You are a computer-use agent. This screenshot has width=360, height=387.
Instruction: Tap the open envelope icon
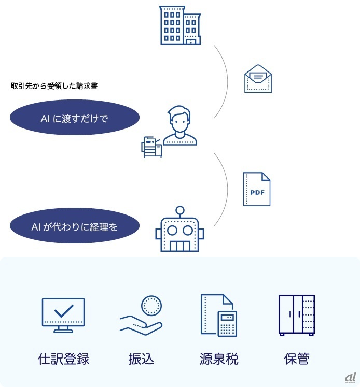coord(258,79)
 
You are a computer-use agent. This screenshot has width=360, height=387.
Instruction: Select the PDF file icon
coord(257,189)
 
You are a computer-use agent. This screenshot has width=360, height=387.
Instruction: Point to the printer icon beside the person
coord(151,147)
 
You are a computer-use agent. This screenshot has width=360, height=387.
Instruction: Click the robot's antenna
coord(180,211)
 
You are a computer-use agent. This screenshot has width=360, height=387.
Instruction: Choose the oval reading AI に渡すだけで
coord(75,119)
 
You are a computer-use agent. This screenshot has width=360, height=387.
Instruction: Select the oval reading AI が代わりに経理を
coord(75,226)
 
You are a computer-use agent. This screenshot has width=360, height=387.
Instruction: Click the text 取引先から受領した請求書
coord(54,86)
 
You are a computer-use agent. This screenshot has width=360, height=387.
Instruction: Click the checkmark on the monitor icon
coord(63,310)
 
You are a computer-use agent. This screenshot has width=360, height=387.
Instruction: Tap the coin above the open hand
coord(152,306)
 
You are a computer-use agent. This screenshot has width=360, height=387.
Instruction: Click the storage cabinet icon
coord(296,315)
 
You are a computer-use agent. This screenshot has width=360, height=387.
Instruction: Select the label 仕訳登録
coord(64,359)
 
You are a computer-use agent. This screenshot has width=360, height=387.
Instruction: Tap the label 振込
coord(141,359)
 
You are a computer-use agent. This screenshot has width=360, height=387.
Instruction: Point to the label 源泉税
coord(219,359)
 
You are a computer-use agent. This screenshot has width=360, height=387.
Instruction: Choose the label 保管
coord(297,359)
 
